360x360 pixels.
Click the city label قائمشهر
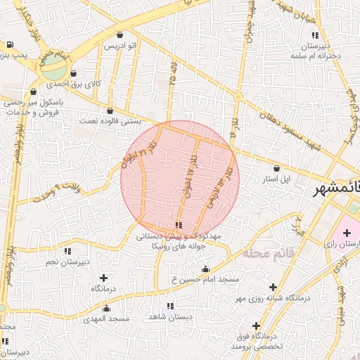[335, 188]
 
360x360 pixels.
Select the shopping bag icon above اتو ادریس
[120, 34]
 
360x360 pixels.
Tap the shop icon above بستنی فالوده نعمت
[110, 110]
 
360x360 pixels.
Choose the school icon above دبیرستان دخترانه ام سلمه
[316, 34]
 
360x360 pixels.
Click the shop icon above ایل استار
[276, 169]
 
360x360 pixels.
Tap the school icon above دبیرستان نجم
[67, 251]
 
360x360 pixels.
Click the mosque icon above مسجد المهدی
[107, 308]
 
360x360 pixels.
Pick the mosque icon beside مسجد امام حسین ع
[205, 269]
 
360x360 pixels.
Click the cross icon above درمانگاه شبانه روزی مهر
[273, 287]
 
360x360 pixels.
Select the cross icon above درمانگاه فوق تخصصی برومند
[255, 326]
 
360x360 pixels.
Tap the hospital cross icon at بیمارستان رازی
[347, 233]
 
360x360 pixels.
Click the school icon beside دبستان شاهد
[168, 307]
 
